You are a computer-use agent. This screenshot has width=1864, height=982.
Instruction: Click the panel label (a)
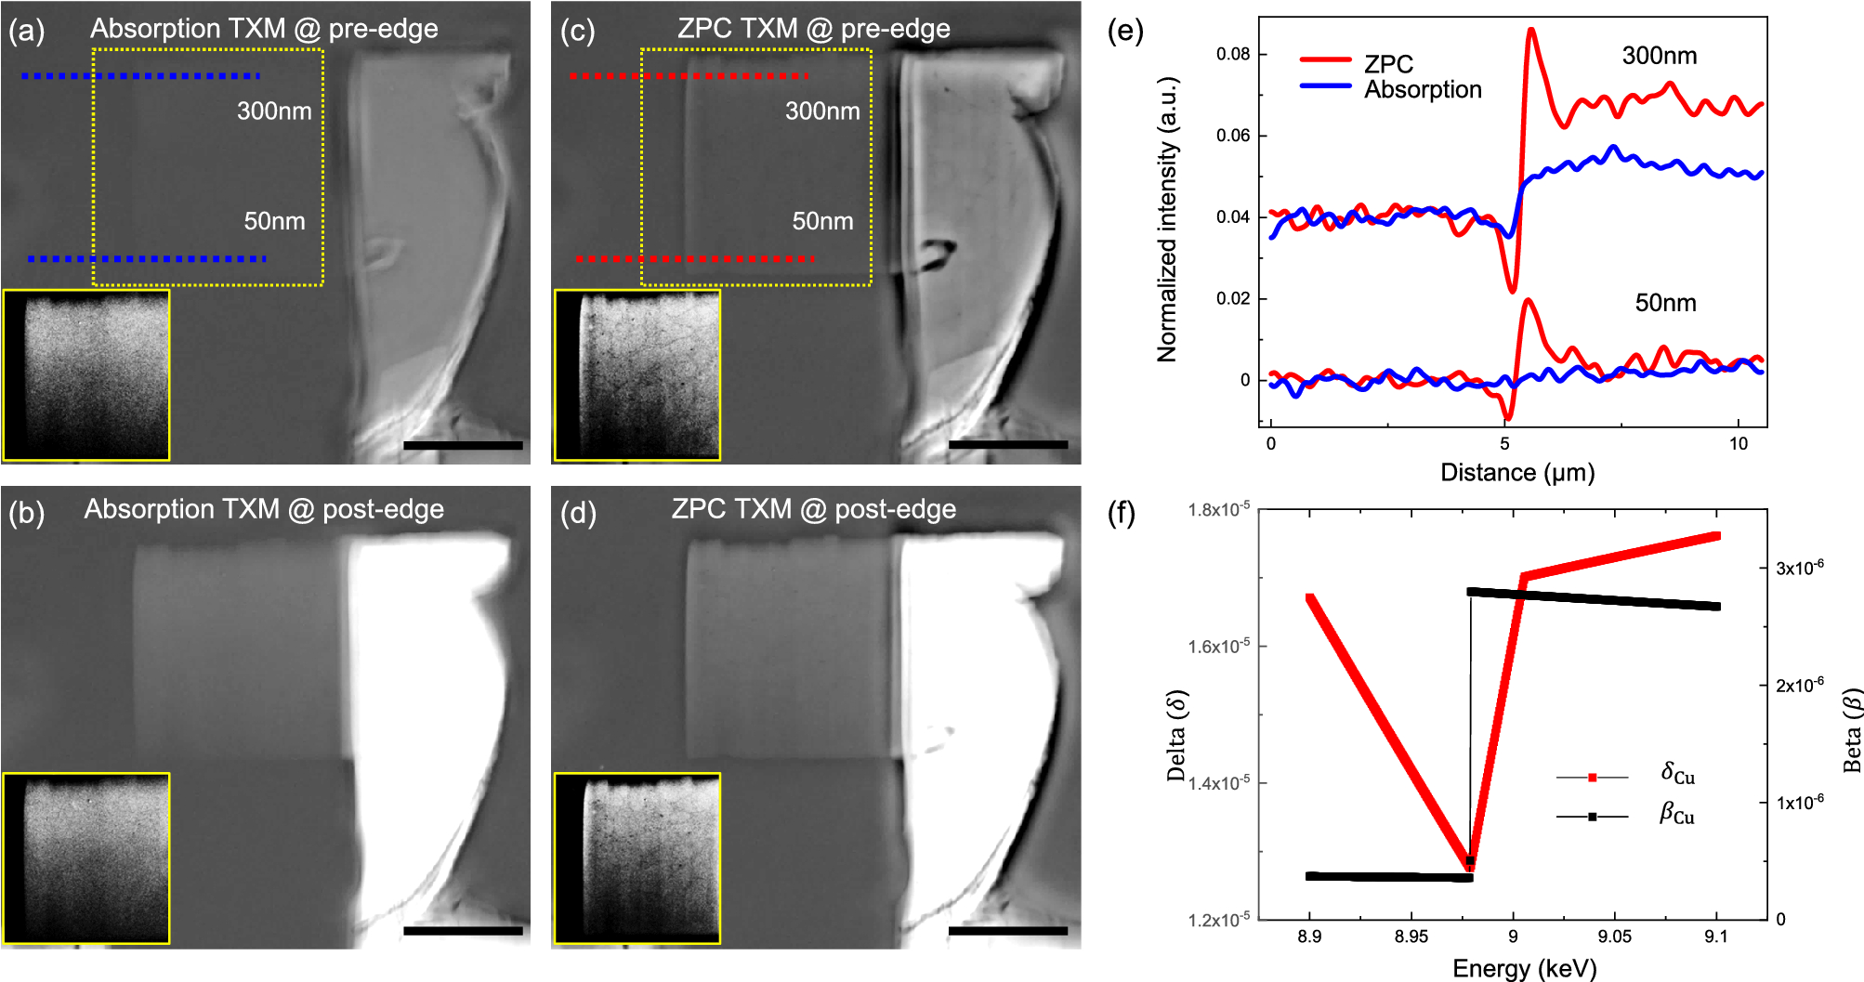[26, 31]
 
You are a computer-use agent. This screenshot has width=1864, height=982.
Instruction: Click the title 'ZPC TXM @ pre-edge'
[813, 29]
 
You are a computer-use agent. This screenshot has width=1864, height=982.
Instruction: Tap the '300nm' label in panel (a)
[274, 111]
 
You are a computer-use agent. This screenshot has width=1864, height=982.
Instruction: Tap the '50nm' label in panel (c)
[822, 221]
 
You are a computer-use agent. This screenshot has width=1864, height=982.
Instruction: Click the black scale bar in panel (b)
[463, 930]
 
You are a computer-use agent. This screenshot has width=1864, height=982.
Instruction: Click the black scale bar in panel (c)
[1008, 445]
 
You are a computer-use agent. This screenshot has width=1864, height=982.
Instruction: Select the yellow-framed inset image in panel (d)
[637, 858]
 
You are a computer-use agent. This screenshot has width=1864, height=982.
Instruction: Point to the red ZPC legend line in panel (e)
[1325, 59]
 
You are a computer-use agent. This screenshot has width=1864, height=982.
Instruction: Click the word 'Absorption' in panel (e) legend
[1423, 90]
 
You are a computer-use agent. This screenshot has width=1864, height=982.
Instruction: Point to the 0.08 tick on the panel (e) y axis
[1233, 54]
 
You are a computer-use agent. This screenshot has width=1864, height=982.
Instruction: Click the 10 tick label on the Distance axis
[1738, 444]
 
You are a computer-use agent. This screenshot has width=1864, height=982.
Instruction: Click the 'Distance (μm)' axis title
[1516, 473]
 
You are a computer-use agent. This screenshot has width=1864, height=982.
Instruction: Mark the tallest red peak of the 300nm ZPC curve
[1530, 31]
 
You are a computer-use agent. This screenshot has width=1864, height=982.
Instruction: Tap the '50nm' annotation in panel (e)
[1665, 303]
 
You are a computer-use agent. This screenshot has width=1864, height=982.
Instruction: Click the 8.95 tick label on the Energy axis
[1411, 936]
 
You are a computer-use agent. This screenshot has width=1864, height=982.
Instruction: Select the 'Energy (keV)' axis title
[1524, 969]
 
